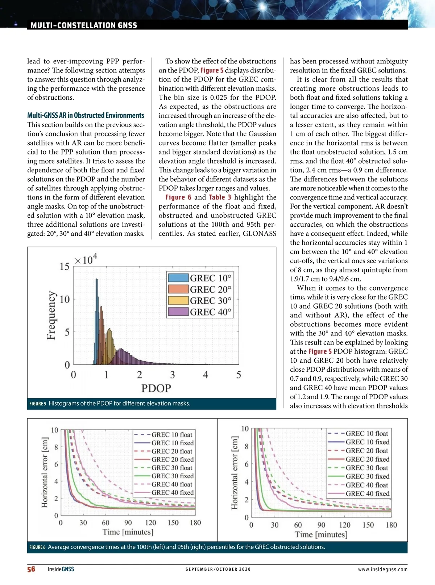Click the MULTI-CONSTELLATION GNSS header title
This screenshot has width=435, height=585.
click(x=84, y=25)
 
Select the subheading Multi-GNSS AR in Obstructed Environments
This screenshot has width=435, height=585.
click(x=86, y=115)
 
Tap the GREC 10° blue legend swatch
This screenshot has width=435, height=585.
click(x=178, y=278)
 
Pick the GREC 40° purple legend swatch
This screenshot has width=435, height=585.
click(x=178, y=312)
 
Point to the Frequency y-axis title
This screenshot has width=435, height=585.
click(x=51, y=315)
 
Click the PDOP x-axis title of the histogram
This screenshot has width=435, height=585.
click(x=156, y=388)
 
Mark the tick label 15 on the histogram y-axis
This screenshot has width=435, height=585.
click(x=65, y=267)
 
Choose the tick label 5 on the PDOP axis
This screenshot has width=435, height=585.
click(x=239, y=375)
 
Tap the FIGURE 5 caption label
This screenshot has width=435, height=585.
click(x=38, y=404)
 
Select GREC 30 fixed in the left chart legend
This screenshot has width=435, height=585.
click(x=172, y=476)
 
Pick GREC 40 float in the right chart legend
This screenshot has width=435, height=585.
click(x=367, y=485)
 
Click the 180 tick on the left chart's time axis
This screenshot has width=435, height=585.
click(x=195, y=523)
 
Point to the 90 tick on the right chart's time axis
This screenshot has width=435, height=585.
click(x=321, y=525)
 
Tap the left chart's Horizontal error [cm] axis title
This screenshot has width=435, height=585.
click(x=45, y=472)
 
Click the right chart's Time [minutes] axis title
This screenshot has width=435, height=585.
click(x=321, y=534)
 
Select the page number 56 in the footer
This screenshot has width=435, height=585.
click(x=32, y=569)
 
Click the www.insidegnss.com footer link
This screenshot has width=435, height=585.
click(x=382, y=569)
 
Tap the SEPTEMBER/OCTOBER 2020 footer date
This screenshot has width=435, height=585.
click(x=218, y=569)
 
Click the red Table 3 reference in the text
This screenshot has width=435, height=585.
click(x=220, y=197)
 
